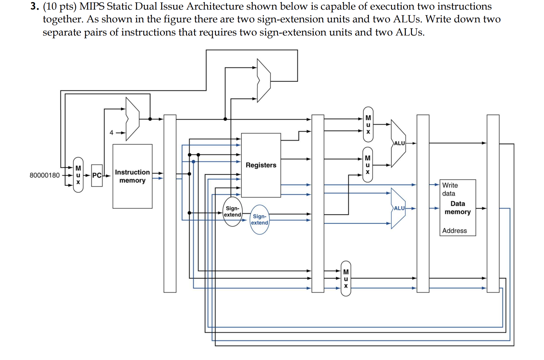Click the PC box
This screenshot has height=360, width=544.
tap(97, 175)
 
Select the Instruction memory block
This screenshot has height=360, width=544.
tap(132, 176)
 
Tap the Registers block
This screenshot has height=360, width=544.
tap(261, 165)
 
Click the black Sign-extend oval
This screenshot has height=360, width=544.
tap(233, 212)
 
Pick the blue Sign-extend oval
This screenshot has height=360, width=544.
tap(260, 219)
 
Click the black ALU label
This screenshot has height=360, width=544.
tap(399, 143)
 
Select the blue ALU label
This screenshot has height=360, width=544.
tap(399, 208)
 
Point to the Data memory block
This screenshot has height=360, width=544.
tap(457, 208)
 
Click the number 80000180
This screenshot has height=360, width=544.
tap(45, 175)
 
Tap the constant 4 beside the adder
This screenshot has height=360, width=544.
tap(111, 133)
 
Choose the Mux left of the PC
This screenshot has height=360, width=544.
tap(78, 175)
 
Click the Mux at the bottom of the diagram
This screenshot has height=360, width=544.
tap(346, 279)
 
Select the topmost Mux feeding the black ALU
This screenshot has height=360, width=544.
tap(368, 124)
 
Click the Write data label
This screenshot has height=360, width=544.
tap(450, 189)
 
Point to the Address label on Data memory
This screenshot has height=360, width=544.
tap(455, 231)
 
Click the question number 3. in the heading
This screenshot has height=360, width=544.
tap(34, 6)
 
